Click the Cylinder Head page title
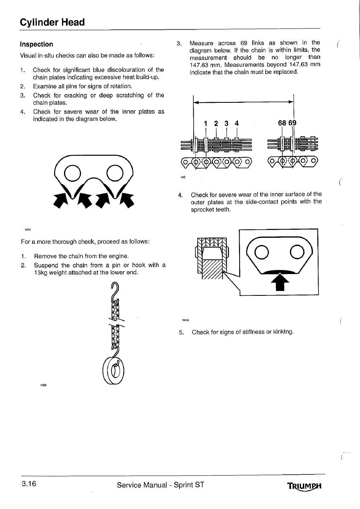click(52, 22)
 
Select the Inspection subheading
click(37, 44)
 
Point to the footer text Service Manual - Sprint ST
click(161, 485)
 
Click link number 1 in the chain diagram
click(205, 123)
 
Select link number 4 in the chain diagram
click(237, 123)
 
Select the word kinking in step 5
click(282, 332)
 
